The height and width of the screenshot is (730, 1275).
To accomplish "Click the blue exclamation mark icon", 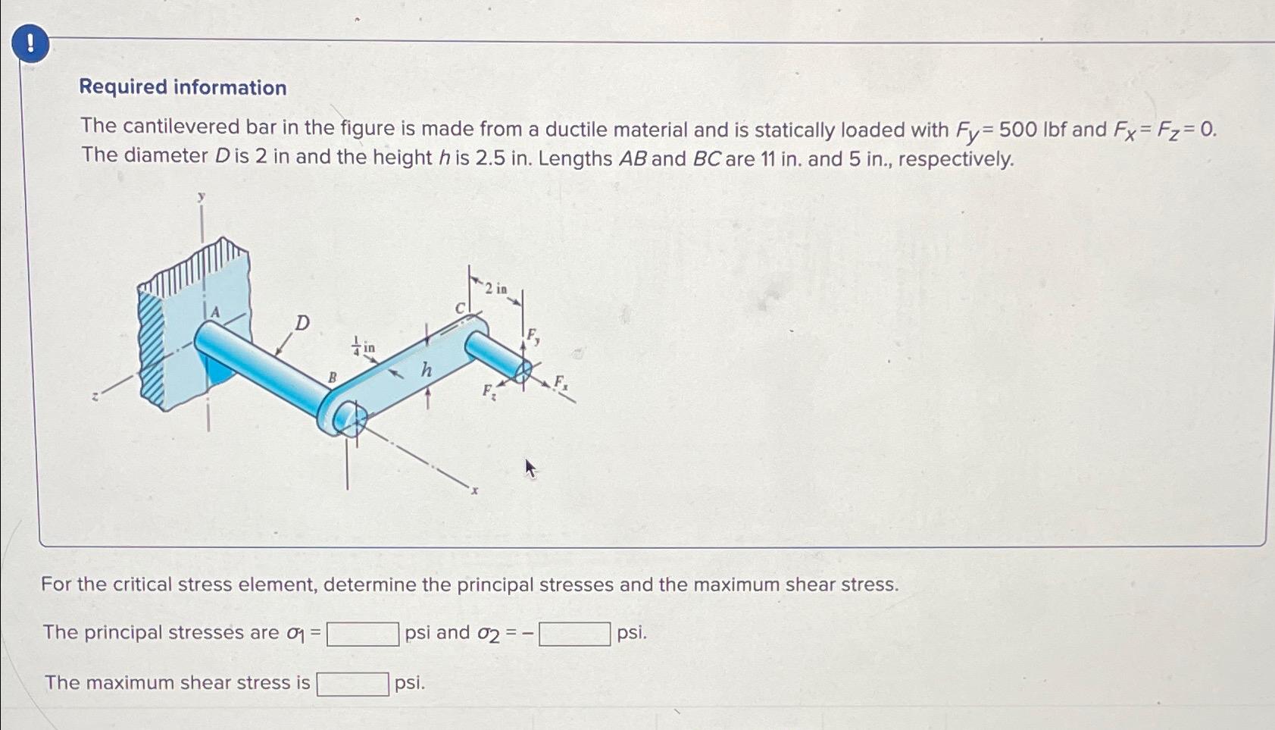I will [x=31, y=44].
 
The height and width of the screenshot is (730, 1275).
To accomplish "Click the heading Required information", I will [x=183, y=87].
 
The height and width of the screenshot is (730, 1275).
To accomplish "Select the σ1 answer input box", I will [x=363, y=634].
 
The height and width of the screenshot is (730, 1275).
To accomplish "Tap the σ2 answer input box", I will [x=574, y=634].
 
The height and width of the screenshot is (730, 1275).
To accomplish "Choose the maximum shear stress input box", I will [x=352, y=684].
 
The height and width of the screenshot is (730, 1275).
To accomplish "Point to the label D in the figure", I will [x=302, y=324].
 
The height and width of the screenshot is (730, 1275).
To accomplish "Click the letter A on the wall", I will [x=215, y=312].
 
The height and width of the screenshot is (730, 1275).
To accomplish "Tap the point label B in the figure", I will [x=331, y=377].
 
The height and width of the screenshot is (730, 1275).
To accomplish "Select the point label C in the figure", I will [x=459, y=309].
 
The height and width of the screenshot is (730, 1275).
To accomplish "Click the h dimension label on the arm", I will [x=427, y=370].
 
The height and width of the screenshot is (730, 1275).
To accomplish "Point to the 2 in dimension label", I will [x=496, y=289].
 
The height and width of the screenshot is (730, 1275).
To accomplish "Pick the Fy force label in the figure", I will [x=533, y=336].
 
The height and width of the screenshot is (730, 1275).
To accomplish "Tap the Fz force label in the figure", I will [x=489, y=392].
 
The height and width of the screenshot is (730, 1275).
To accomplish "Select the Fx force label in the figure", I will [x=561, y=382].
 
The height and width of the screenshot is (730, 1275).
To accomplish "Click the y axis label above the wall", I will [x=202, y=197].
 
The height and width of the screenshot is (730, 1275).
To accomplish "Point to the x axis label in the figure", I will [x=475, y=490].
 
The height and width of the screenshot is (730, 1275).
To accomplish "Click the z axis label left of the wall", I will [x=95, y=396].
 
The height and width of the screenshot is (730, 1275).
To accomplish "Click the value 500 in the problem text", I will [x=1017, y=130].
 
